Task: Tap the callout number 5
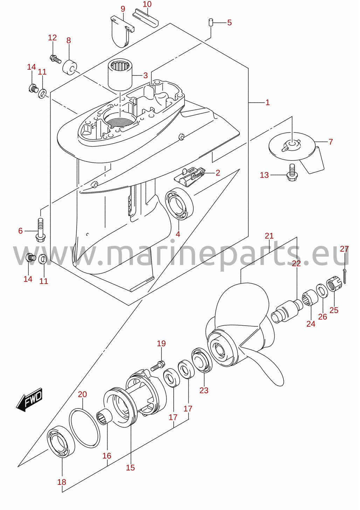(229, 22)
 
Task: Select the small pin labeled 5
(211, 23)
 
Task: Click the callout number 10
(147, 4)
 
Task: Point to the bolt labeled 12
(55, 59)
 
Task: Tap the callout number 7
(331, 142)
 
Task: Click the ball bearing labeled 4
(179, 204)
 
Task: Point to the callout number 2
(217, 172)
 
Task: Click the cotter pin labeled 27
(345, 276)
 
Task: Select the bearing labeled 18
(61, 441)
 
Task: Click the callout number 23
(204, 390)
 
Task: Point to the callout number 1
(268, 102)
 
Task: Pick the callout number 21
(269, 236)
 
